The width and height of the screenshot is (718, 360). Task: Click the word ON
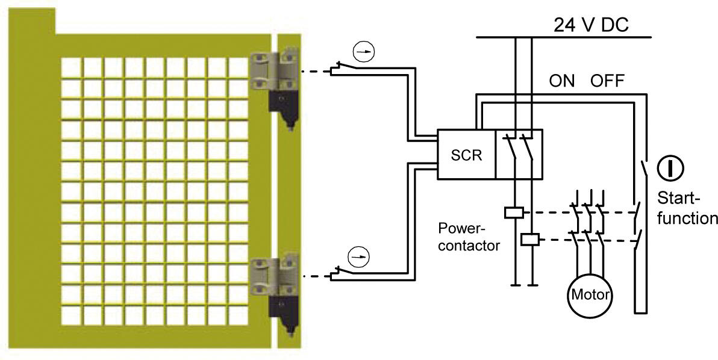[x=561, y=82]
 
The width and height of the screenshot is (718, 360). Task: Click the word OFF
[x=607, y=82]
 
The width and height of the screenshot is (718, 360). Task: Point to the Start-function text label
[x=687, y=208]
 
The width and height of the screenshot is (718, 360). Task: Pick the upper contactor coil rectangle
[x=513, y=212]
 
